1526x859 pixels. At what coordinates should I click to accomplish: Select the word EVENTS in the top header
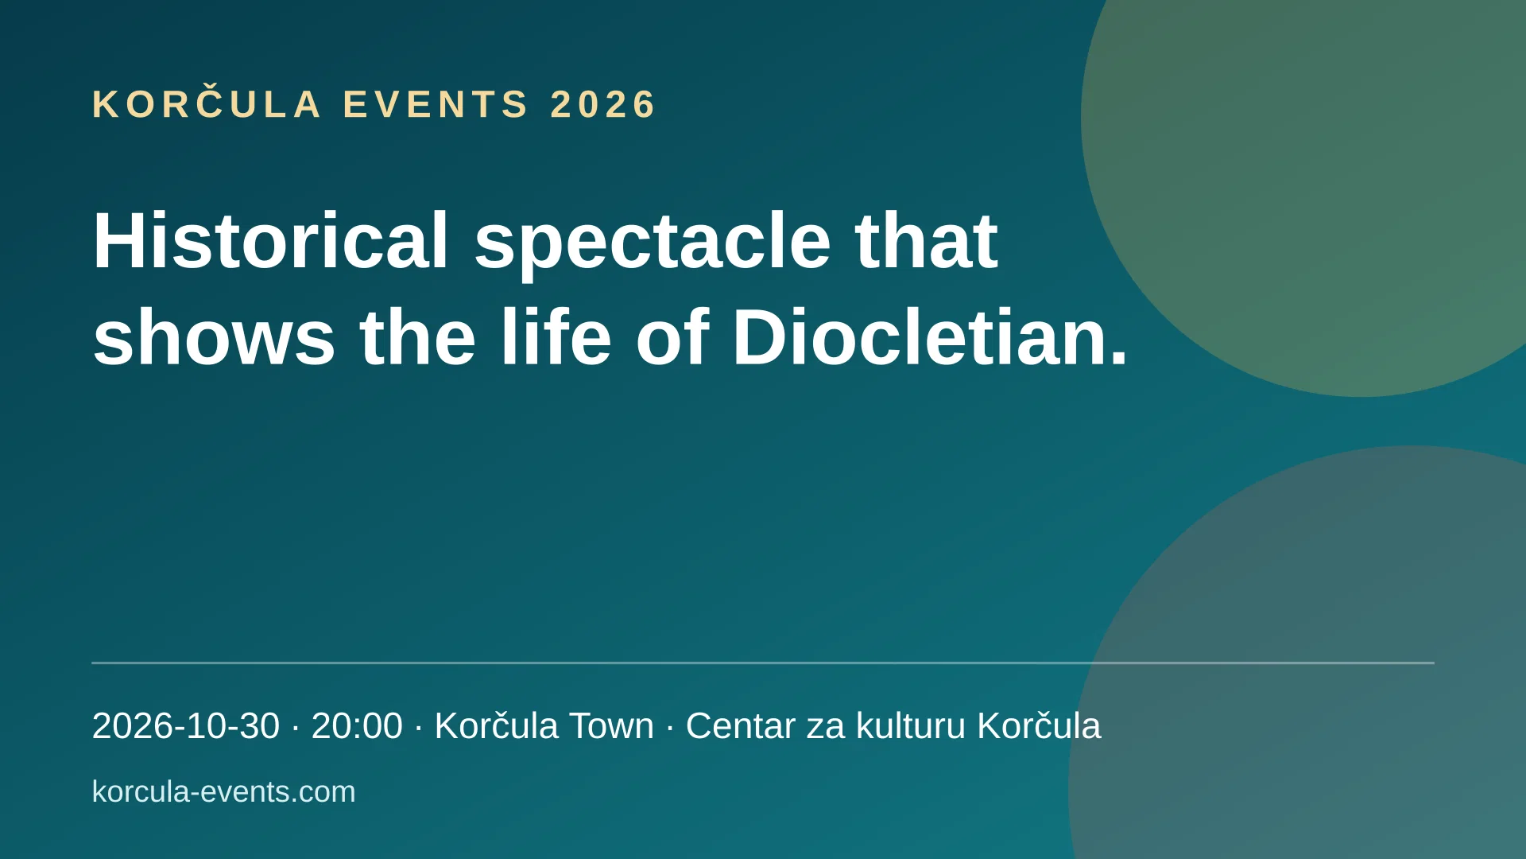(x=436, y=105)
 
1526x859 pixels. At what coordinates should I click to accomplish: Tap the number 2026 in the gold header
(x=602, y=105)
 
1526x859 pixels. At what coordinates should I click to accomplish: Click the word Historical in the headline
(x=271, y=240)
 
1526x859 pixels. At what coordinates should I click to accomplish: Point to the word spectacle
(x=653, y=247)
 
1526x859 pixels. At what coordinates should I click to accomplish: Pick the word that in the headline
(x=926, y=241)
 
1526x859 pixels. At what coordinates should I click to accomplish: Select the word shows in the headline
(x=214, y=337)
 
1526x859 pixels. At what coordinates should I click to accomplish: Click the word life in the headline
(x=556, y=336)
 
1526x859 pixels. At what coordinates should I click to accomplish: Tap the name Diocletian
(x=930, y=336)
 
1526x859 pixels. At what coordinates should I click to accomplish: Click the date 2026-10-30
(x=186, y=726)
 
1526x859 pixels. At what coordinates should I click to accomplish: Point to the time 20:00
(x=357, y=726)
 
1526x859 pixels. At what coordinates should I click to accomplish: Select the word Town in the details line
(x=611, y=726)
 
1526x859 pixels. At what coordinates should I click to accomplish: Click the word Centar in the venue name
(x=741, y=726)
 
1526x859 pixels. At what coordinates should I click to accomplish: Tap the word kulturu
(x=911, y=726)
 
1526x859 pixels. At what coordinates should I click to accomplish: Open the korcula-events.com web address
(x=224, y=792)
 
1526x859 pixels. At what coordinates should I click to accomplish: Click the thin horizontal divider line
(x=763, y=663)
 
